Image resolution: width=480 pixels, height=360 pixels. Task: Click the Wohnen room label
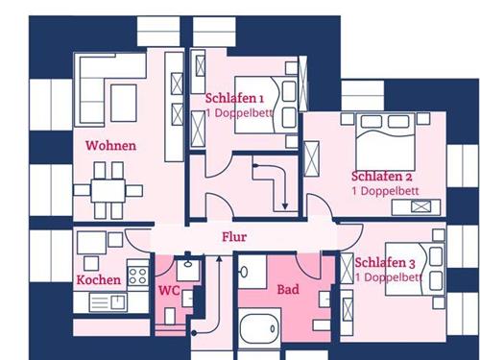click(x=110, y=146)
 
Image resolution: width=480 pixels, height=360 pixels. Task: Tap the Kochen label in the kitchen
click(x=99, y=280)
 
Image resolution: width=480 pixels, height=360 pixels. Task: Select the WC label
click(x=169, y=291)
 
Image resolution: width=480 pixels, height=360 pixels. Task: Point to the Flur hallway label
click(x=234, y=237)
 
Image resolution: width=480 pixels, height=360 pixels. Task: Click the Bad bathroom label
click(x=288, y=290)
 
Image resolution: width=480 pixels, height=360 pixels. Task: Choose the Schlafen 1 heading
click(x=234, y=98)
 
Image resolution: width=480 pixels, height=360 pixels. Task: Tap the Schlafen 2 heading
click(x=381, y=177)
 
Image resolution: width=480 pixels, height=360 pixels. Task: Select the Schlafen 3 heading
click(x=385, y=263)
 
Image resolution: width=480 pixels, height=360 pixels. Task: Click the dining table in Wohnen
click(x=108, y=191)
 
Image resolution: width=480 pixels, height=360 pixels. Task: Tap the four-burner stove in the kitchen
click(x=138, y=276)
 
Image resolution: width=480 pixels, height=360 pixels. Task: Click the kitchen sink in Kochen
click(x=108, y=302)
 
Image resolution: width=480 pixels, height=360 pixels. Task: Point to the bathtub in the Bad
click(x=259, y=328)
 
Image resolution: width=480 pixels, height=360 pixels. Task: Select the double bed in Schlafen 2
click(x=385, y=142)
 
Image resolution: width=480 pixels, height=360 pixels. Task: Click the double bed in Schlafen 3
click(x=415, y=269)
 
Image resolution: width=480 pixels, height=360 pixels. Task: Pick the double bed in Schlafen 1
click(x=266, y=105)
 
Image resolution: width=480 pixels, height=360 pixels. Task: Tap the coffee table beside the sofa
click(x=124, y=103)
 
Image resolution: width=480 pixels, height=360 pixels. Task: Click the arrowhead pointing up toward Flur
click(x=219, y=258)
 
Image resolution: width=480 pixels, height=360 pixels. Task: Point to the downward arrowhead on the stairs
click(x=285, y=206)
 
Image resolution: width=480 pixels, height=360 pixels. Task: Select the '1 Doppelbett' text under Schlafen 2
click(x=385, y=191)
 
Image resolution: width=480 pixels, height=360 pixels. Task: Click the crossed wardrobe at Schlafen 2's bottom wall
click(x=420, y=206)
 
